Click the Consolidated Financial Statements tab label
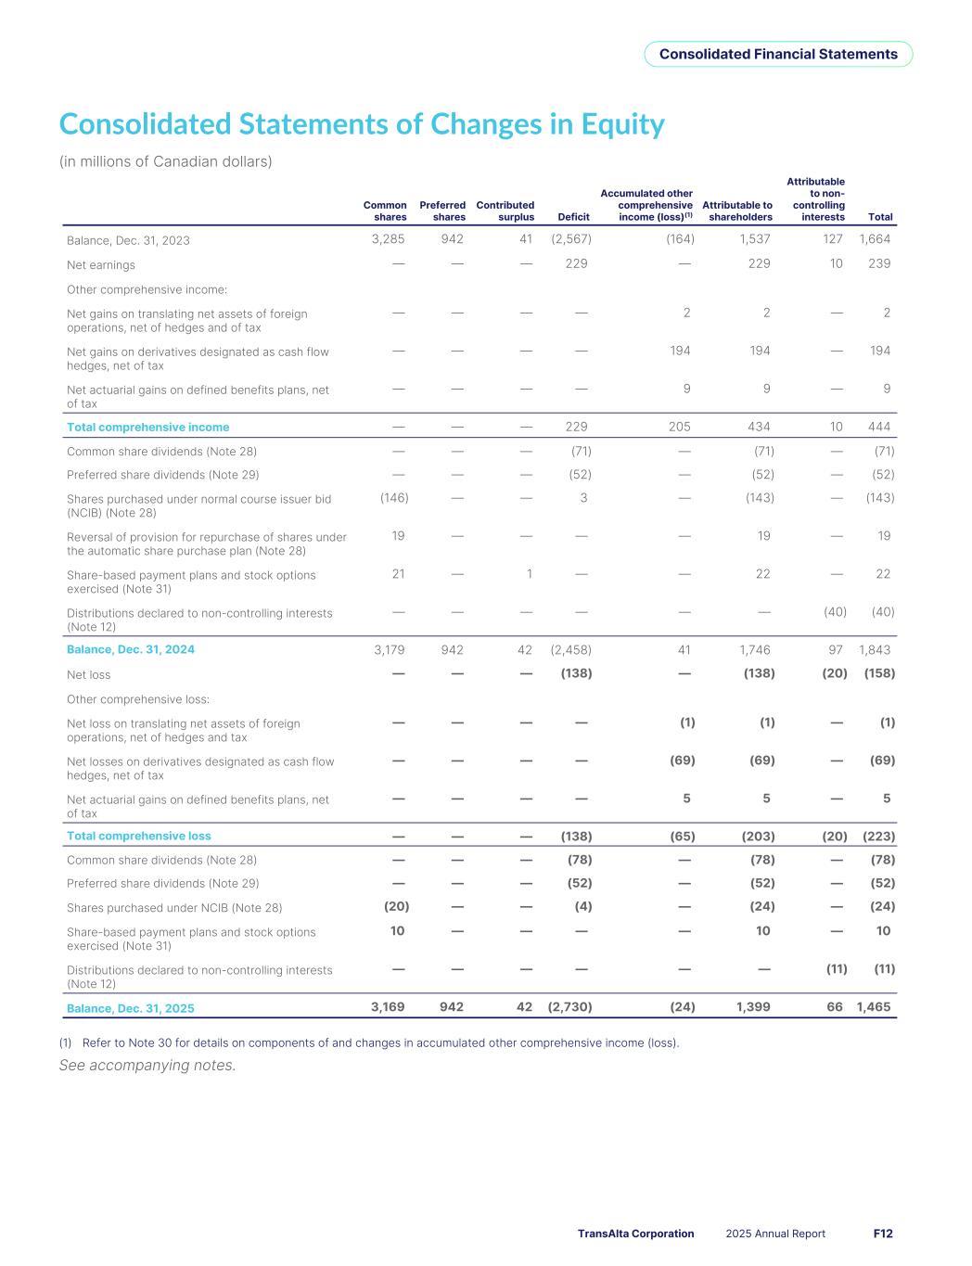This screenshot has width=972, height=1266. point(778,54)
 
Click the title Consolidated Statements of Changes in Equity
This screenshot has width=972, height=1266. point(362,124)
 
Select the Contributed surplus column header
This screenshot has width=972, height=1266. point(505,211)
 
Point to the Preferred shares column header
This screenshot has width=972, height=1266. point(442,211)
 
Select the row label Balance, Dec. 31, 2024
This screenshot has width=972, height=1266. point(131,649)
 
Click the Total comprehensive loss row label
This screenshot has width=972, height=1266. point(139,836)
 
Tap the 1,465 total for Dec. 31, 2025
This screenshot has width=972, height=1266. point(874,1006)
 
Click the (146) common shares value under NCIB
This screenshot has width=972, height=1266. point(394,498)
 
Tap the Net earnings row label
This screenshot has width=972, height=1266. point(101,264)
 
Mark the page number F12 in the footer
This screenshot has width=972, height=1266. point(883,1234)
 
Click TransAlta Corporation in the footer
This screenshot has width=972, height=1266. point(635,1234)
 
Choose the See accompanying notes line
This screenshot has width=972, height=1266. point(147,1066)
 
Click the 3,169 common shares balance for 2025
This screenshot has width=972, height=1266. point(388,1006)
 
